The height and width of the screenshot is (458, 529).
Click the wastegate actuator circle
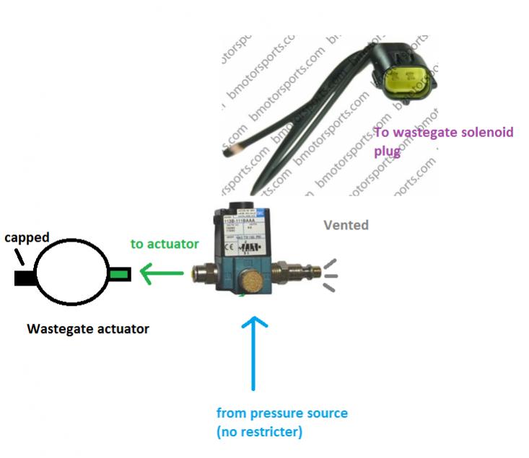click(71, 274)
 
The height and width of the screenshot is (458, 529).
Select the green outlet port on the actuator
click(118, 274)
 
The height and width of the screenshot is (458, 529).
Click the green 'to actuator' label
click(165, 244)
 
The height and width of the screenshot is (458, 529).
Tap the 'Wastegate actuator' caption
click(88, 329)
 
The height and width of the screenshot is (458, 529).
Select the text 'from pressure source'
click(281, 413)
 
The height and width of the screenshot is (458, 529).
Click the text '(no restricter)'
click(261, 432)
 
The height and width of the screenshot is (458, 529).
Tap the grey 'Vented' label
click(346, 225)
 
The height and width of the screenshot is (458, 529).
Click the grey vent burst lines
click(328, 276)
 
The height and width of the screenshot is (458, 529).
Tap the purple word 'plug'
click(387, 152)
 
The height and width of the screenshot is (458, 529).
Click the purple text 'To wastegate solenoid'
click(443, 133)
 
